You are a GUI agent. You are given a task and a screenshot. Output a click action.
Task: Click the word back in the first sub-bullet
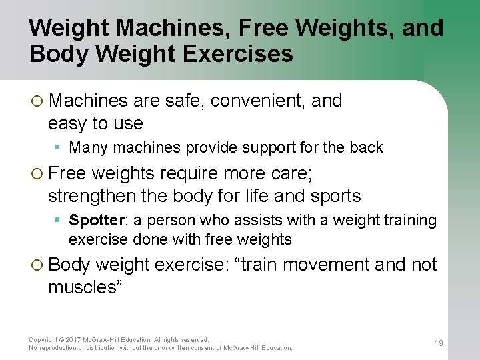(x=367, y=147)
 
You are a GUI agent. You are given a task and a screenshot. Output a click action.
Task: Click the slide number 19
(x=439, y=343)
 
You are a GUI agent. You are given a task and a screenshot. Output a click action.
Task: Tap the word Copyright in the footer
(x=45, y=340)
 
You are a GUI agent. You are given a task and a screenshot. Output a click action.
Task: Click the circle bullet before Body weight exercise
(x=37, y=265)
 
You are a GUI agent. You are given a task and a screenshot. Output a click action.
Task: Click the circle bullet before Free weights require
(x=37, y=174)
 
